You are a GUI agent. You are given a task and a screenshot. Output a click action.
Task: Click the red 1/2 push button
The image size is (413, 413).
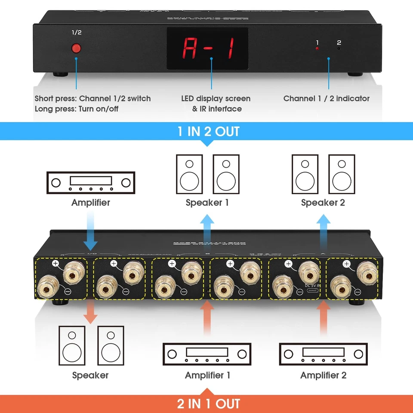coord(77,48)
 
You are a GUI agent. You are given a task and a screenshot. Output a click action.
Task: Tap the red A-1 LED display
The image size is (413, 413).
coord(208,49)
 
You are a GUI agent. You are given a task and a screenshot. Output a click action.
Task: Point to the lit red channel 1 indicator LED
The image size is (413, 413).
coord(317,49)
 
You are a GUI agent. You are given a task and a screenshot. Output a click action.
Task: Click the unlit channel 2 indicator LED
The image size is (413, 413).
coord(339,49)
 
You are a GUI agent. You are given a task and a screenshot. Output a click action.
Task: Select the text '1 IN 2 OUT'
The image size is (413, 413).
coord(208,131)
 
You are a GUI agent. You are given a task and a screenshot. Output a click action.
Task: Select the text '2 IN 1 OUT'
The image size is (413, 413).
coord(208,404)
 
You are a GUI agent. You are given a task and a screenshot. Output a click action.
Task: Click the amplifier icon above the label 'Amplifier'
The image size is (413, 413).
coord(90,183)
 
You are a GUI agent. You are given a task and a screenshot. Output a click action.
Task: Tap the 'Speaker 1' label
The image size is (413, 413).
coord(207,202)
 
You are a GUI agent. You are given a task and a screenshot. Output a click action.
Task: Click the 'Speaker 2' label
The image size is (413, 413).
coord(323,202)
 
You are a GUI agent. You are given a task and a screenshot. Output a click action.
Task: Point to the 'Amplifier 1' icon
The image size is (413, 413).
coord(207,354)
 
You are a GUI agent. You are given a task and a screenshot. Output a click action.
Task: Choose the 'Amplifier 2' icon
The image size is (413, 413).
coord(323,354)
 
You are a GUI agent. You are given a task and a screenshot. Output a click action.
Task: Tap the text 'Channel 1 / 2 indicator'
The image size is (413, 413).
coord(326,99)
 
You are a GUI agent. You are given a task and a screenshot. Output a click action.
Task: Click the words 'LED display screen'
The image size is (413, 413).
coord(216,99)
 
